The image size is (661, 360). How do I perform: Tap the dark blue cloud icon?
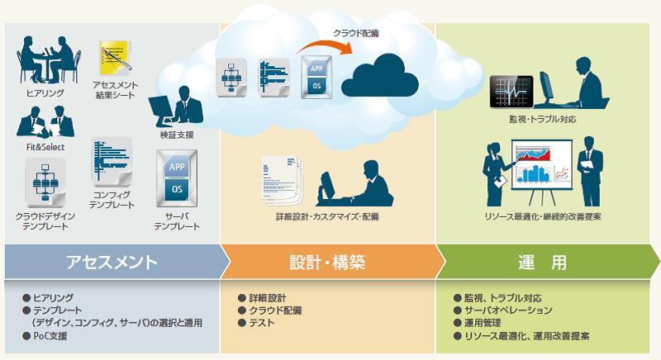[379, 76]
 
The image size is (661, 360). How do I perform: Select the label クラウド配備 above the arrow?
[356, 33]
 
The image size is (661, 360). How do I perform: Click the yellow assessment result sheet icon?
[115, 56]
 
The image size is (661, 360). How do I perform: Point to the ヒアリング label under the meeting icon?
[45, 92]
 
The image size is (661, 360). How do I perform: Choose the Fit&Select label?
[45, 147]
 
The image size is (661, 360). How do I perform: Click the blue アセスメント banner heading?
[112, 262]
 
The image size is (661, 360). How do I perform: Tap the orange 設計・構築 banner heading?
[327, 262]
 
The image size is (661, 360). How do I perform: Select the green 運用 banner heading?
[542, 262]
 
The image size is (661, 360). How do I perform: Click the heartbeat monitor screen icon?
[511, 92]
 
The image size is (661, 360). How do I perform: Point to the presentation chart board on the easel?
[542, 164]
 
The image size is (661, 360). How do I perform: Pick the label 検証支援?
[177, 135]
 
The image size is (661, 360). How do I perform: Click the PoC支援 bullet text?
[50, 336]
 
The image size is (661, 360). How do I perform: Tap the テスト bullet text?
[261, 323]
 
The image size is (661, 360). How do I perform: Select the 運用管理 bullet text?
[483, 323]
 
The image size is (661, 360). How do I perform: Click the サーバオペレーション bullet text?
[508, 310]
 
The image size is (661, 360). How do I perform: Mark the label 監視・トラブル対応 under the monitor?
[542, 119]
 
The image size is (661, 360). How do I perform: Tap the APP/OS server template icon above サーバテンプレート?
[177, 178]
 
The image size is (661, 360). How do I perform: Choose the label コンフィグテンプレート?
[112, 200]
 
